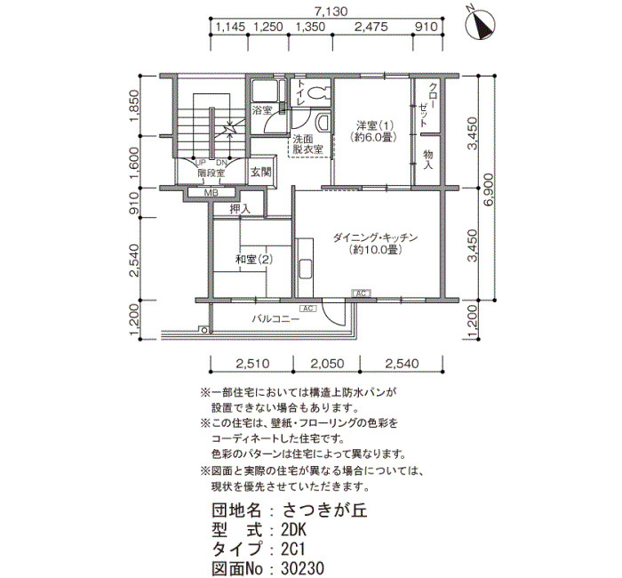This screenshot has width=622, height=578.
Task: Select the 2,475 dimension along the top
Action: pyautogui.click(x=371, y=27)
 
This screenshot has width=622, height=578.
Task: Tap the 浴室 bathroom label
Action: pyautogui.click(x=262, y=110)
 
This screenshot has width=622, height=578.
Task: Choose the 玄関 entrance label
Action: pyautogui.click(x=260, y=172)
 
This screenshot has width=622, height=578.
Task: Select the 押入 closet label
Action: pyautogui.click(x=241, y=209)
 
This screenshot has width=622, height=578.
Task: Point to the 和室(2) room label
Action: pyautogui.click(x=254, y=260)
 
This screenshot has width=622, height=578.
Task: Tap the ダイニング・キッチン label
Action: pyautogui.click(x=375, y=237)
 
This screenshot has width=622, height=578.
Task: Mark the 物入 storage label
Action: pyautogui.click(x=427, y=159)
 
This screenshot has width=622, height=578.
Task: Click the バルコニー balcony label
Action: pyautogui.click(x=276, y=318)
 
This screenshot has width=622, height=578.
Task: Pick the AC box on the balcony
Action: pyautogui.click(x=307, y=309)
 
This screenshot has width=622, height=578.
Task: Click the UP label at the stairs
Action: pyautogui.click(x=201, y=163)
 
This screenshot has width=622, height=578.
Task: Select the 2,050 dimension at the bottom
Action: pyautogui.click(x=327, y=363)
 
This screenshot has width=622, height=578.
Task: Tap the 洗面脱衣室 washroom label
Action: pyautogui.click(x=307, y=144)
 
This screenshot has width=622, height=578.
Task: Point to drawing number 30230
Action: pyautogui.click(x=302, y=568)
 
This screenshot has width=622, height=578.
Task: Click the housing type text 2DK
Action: pyautogui.click(x=293, y=530)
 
